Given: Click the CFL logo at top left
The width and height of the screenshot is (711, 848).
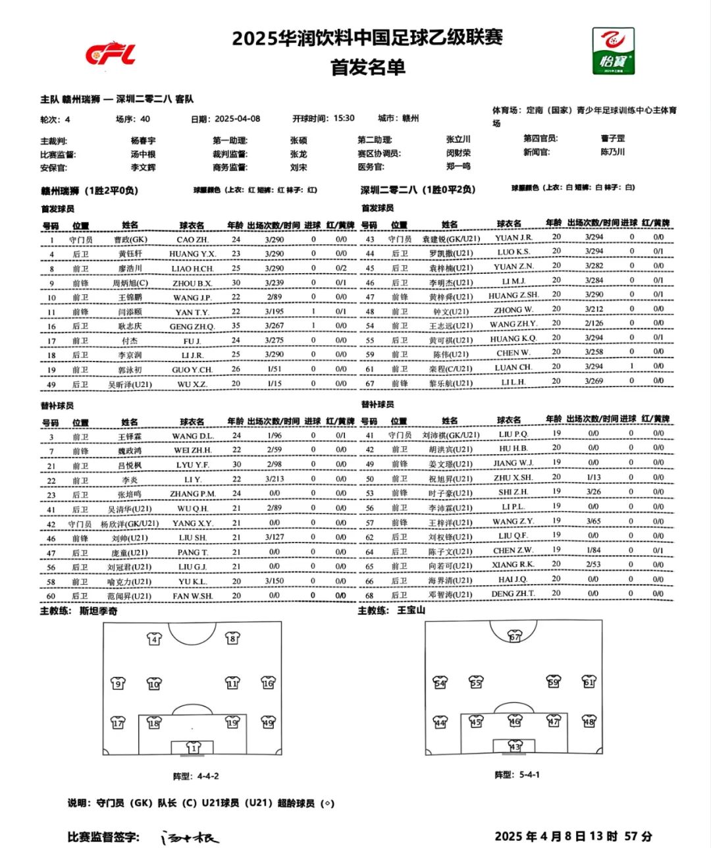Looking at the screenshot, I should point(110,54).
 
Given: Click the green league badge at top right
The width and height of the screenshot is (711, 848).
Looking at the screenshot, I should point(613,51).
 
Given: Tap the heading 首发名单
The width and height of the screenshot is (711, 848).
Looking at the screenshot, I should point(367,67).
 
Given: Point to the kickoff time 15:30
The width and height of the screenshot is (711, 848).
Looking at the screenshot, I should point(344,119).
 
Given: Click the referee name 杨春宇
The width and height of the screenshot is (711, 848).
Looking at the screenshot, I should point(143,140).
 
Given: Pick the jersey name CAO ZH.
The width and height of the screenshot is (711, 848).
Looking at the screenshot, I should point(192,240).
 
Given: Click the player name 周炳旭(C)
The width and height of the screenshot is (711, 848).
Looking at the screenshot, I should point(130,283).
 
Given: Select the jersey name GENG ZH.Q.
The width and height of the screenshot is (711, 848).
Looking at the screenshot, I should point(192,327).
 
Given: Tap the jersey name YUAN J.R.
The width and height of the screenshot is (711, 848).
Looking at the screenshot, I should point(513,238).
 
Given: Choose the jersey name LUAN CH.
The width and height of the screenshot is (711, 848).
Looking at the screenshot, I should point(513,367).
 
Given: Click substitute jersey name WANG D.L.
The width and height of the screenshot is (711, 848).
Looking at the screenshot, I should point(193,436).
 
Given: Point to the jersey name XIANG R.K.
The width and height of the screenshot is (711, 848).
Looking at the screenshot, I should point(513,565).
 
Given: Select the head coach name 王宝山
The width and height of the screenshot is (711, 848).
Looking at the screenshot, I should point(411,610).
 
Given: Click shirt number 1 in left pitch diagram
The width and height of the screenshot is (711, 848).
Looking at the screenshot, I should point(193,748).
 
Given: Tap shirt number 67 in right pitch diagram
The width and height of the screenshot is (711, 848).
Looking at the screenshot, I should point(515,637).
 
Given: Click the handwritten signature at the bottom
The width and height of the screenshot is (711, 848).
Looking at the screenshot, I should point(191,837).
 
